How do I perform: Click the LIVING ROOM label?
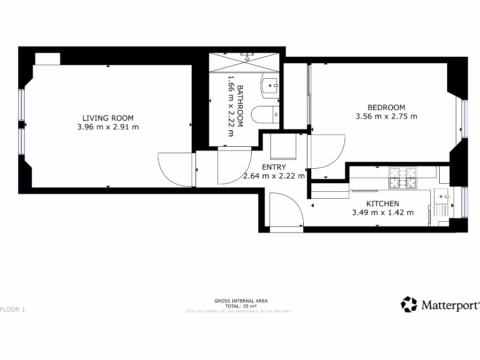tap(108, 118)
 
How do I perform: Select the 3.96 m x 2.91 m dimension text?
tap(108, 127)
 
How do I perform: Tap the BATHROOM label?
tap(240, 106)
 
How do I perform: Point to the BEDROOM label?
tap(386, 107)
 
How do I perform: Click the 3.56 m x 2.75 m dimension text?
tap(386, 116)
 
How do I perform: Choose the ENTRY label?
tap(274, 167)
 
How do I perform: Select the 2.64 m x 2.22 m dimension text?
tap(274, 176)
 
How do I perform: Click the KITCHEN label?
tap(382, 203)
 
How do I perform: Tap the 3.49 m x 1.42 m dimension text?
tap(382, 212)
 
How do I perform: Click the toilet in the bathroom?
tap(265, 114)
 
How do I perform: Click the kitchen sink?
tap(441, 196)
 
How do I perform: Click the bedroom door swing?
tap(326, 151)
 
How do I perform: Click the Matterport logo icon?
tap(409, 304)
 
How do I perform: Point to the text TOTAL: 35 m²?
tap(240, 306)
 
